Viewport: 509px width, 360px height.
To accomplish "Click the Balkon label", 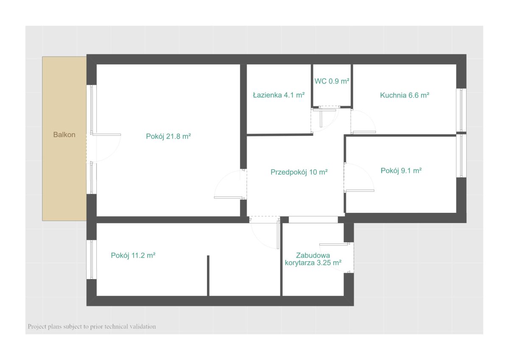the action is click(x=64, y=135).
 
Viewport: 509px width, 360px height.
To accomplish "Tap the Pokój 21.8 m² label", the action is click(x=168, y=136).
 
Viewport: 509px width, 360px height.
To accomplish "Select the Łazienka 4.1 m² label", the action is click(x=279, y=95).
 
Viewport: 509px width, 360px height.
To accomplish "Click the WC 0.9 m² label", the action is click(x=332, y=81).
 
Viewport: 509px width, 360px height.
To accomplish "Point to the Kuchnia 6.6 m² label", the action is click(x=405, y=95).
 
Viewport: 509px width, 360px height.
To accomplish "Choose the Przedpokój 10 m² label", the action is click(x=299, y=172).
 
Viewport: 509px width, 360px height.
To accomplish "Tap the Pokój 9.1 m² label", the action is click(x=401, y=170).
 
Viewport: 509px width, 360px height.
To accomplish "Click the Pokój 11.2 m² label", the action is click(x=133, y=256).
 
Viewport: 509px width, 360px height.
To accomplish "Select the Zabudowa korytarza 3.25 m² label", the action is click(x=313, y=259).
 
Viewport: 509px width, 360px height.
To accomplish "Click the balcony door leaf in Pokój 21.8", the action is click(x=106, y=135).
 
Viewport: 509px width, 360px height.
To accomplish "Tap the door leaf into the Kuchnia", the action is click(x=364, y=132).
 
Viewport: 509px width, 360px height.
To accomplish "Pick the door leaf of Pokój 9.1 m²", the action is click(x=359, y=190).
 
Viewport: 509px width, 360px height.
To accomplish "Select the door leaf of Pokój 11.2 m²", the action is click(x=278, y=234).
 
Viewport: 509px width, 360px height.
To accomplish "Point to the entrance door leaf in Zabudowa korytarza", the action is click(x=334, y=244).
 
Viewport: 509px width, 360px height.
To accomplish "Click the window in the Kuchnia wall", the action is click(x=461, y=110).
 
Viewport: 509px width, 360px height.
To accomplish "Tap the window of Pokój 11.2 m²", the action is click(x=92, y=260).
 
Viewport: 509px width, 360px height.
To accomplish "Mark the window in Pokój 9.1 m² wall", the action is click(x=461, y=156).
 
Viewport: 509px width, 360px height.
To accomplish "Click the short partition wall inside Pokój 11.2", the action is click(x=208, y=276).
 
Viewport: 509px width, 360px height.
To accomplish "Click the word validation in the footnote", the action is click(x=143, y=327).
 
